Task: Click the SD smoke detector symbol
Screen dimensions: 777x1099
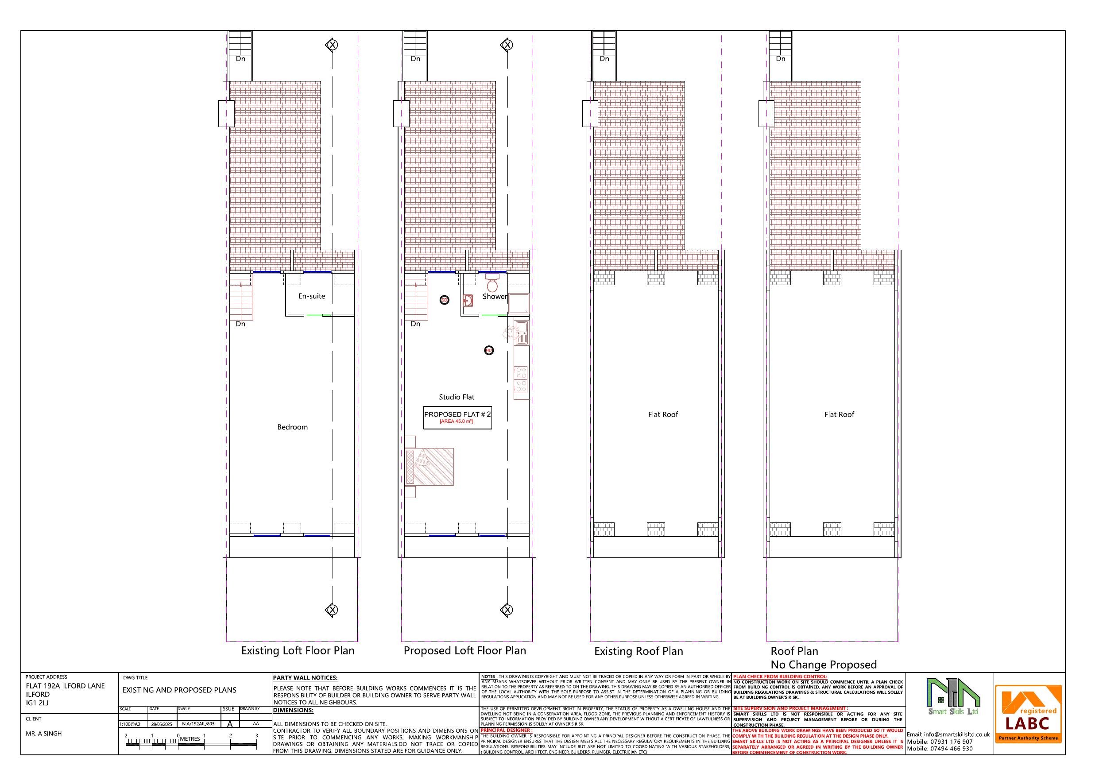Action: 444,300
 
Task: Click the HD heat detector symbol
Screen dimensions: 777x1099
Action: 489,351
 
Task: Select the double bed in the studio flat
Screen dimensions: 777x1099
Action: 430,466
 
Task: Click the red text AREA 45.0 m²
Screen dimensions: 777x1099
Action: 456,421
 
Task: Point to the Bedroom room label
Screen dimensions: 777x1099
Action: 292,427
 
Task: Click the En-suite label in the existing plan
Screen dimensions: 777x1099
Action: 312,296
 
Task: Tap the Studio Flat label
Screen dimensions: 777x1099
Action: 457,397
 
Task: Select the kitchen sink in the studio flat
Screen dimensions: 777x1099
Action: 521,331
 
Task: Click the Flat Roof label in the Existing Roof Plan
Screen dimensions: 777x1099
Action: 663,414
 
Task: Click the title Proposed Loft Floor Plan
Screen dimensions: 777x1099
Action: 464,651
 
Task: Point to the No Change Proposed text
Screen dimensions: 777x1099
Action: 823,665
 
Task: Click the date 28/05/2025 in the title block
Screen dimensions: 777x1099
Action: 161,724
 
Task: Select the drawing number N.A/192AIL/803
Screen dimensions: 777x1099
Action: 198,724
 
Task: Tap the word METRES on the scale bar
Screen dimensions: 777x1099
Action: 190,738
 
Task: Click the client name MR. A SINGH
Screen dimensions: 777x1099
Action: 43,734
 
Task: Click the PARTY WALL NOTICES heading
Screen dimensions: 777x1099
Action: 305,678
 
